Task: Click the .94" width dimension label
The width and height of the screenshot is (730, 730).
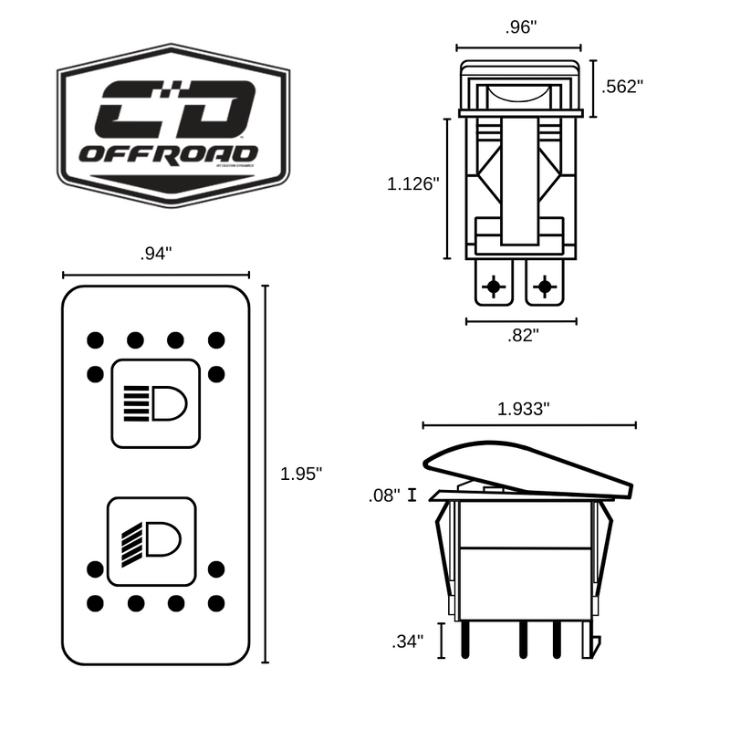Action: pos(155,255)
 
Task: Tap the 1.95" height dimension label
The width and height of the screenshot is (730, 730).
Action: pos(301,474)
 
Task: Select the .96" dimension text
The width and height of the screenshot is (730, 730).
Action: pos(519,27)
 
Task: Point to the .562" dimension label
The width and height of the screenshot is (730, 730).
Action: pos(624,87)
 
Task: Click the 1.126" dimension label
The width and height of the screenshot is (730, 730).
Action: pos(413,183)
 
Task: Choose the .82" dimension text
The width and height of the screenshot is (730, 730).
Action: pos(523,335)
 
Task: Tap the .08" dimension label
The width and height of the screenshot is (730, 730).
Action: pos(384,495)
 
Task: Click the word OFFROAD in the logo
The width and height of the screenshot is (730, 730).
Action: pos(168,152)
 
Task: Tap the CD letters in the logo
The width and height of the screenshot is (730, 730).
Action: pos(174,109)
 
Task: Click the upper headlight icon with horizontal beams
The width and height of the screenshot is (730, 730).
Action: pos(155,402)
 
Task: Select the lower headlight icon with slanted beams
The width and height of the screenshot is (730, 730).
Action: pos(152,540)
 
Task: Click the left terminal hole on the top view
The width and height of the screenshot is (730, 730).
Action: pos(494,287)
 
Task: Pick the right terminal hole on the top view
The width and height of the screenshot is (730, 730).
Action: pos(545,287)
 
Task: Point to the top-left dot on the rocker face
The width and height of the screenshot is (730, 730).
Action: pos(94,340)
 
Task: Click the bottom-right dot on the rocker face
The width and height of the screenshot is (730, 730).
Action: pos(216,603)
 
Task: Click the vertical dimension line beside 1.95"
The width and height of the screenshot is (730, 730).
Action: pos(265,474)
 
